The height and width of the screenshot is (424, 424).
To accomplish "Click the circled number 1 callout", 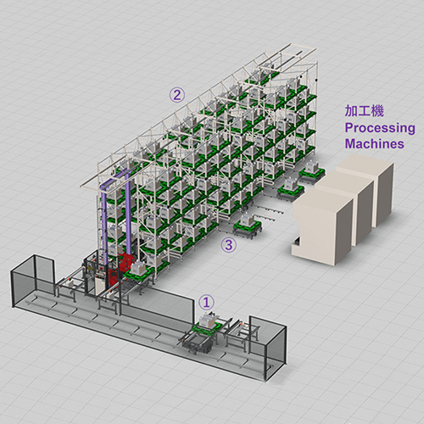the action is coord(207,302).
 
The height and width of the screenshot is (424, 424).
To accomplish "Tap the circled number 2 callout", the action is coord(177,95).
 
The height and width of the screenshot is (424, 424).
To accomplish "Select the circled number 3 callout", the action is coord(229,245).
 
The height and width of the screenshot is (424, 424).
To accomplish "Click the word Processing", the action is coord(380,128).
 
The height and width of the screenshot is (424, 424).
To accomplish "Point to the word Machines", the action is coord(374,143).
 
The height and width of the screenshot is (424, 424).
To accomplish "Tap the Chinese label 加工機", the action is coord(364,110).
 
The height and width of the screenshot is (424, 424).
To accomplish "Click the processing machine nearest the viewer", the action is coord(322,226).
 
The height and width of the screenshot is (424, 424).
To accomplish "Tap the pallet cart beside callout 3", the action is coord(248,225).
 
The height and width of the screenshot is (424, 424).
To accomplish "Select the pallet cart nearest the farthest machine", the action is coord(312,171).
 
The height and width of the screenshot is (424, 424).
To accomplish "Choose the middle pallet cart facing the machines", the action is coord(290,190).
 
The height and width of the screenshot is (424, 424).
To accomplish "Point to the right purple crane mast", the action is coord(128,214).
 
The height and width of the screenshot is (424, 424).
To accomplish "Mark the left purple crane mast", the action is coord(104,223).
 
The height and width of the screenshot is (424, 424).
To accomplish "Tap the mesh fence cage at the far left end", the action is coord(32,280).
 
